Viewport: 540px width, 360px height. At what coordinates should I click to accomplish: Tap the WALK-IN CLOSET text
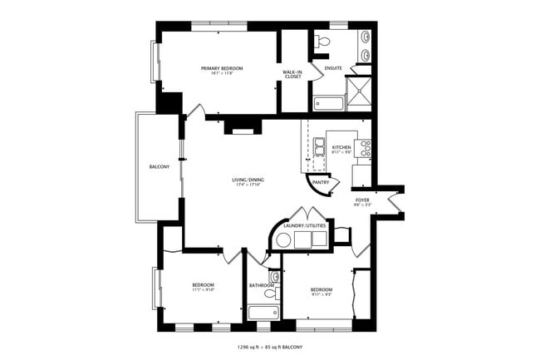click(x=292, y=76)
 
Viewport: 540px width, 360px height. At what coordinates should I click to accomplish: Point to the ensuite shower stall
click(x=359, y=92)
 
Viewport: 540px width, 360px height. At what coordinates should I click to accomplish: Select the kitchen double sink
click(x=318, y=147)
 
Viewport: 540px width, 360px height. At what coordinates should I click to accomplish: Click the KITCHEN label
click(x=341, y=147)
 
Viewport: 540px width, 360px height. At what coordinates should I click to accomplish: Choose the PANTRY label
click(x=322, y=182)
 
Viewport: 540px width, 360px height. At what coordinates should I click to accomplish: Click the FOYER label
click(x=362, y=200)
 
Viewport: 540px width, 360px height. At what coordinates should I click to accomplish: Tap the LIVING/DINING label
click(x=248, y=180)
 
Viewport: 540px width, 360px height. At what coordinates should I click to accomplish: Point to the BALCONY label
click(x=160, y=167)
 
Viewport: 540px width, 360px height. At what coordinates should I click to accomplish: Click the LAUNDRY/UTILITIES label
click(x=304, y=225)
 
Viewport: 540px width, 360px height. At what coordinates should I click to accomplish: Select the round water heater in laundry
click(x=282, y=241)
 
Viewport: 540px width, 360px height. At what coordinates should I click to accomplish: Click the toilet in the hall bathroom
click(x=273, y=279)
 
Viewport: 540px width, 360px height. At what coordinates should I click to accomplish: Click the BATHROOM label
click(x=261, y=286)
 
